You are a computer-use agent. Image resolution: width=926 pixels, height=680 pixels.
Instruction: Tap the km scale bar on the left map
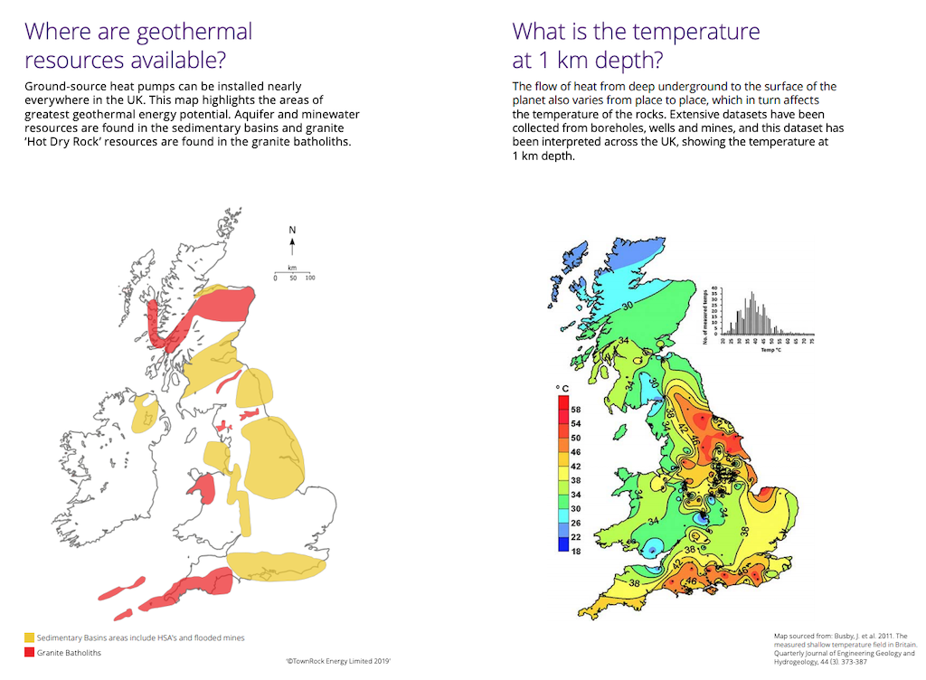(x=292, y=272)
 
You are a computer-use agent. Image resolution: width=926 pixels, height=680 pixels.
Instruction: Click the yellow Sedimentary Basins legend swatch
(x=29, y=638)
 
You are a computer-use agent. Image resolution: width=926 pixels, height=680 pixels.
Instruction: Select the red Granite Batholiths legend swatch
(x=29, y=653)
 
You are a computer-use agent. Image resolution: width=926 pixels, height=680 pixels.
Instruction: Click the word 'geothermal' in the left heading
(x=194, y=33)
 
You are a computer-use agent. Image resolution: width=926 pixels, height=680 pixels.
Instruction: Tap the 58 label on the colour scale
(x=576, y=410)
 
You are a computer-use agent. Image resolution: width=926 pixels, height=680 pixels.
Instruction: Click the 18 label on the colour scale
(x=576, y=551)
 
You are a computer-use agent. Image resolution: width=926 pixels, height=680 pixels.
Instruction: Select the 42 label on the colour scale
(x=576, y=466)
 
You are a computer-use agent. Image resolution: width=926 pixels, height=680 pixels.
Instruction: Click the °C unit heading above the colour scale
(x=562, y=389)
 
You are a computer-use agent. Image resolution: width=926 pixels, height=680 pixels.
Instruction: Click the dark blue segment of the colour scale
(x=562, y=544)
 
